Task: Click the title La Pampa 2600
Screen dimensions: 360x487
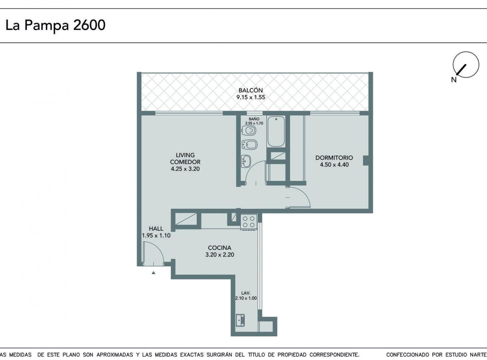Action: (x=55, y=25)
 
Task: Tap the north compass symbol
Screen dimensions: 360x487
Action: (x=465, y=65)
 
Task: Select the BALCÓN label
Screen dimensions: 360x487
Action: (x=250, y=90)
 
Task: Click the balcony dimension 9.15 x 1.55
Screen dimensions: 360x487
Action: (x=250, y=98)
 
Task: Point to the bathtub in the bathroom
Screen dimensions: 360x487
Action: (x=276, y=132)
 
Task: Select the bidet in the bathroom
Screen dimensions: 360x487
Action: (x=249, y=144)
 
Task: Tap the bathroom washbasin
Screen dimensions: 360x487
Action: (x=247, y=161)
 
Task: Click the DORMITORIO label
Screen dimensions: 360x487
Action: (x=334, y=158)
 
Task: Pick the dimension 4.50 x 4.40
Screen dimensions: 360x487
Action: (x=334, y=165)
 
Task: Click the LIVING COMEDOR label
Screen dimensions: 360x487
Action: (x=185, y=159)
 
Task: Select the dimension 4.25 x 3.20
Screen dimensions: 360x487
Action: (x=185, y=169)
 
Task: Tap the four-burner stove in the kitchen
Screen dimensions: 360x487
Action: (x=249, y=222)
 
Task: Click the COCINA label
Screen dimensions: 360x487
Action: (x=219, y=248)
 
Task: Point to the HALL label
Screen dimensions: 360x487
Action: (x=156, y=228)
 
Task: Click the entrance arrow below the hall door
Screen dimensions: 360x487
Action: (x=153, y=273)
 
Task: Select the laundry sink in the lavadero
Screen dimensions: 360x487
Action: (x=240, y=320)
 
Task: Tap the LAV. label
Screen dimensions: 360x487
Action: (x=246, y=293)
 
